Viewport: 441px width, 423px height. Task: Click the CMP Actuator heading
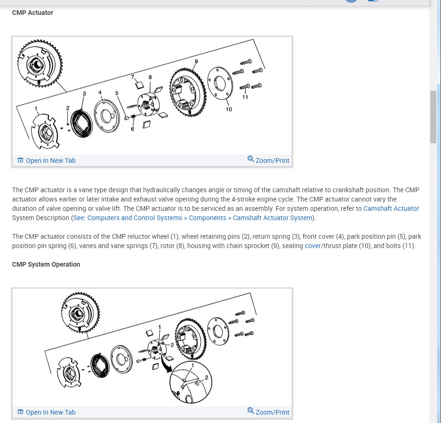click(33, 13)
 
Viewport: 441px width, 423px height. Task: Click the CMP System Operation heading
click(46, 264)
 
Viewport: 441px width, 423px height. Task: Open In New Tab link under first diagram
click(47, 161)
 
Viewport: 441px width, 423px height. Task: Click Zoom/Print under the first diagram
click(268, 161)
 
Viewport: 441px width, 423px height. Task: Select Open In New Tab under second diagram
click(47, 412)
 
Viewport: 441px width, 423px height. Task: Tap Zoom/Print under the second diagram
click(268, 412)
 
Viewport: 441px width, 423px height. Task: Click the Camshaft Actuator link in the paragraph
click(391, 208)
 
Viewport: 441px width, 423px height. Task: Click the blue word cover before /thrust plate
click(313, 246)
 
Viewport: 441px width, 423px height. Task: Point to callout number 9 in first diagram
click(196, 61)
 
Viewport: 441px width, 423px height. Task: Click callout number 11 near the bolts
click(245, 97)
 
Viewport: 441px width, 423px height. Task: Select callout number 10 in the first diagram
click(229, 109)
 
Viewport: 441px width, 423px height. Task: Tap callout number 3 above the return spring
click(84, 94)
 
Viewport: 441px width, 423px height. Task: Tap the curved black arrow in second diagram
click(165, 363)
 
